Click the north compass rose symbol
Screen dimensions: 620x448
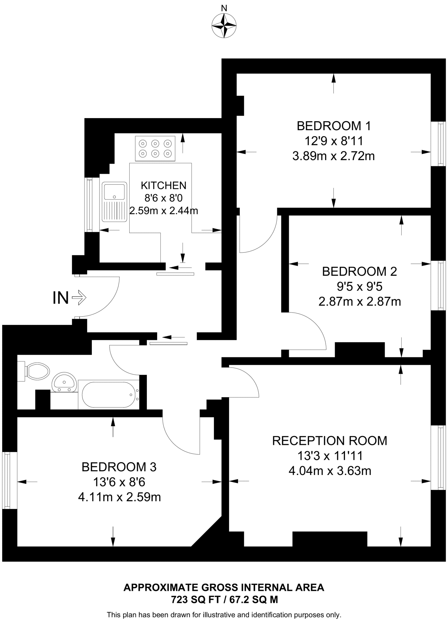[224, 26]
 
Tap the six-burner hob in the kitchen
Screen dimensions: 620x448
[155, 149]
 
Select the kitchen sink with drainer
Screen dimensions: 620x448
[114, 202]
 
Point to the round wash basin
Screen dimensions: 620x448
[64, 382]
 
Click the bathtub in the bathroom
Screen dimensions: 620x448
[108, 395]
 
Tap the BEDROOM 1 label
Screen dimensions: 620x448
[334, 126]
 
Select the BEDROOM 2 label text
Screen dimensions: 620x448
[359, 271]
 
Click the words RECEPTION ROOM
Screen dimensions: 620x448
[330, 440]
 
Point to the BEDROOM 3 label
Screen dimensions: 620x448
[119, 467]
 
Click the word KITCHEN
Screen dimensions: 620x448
[164, 185]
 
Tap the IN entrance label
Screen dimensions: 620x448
[61, 298]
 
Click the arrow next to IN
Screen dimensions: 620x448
[79, 298]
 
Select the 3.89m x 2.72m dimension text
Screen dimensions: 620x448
[334, 156]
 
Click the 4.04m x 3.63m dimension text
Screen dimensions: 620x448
[330, 471]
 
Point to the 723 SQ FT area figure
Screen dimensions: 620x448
[190, 599]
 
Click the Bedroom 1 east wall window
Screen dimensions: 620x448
[438, 144]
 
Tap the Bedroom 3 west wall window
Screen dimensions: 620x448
[9, 480]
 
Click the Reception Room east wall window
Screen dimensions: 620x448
[438, 457]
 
